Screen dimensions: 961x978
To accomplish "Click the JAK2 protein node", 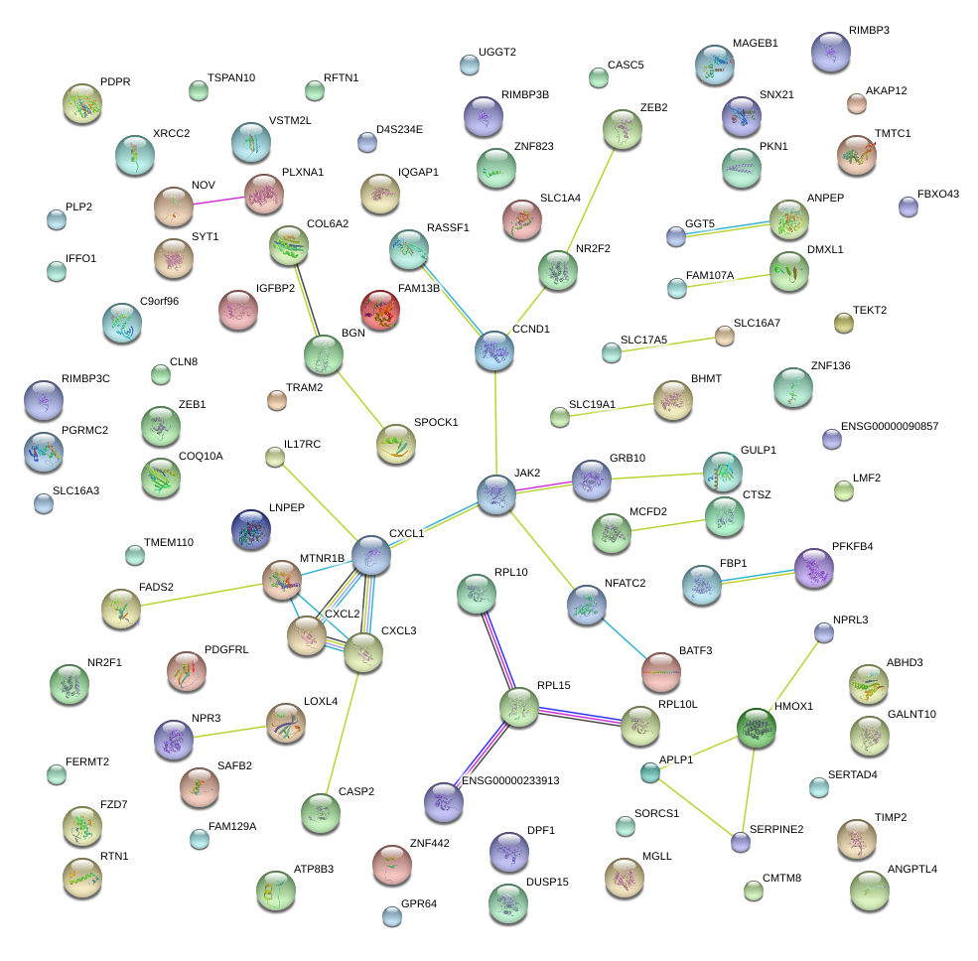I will pyautogui.click(x=495, y=493).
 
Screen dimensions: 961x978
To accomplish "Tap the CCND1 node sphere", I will pyautogui.click(x=494, y=350).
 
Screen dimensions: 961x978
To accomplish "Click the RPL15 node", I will pyautogui.click(x=519, y=707).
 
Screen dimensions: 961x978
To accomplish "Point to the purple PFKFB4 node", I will pyautogui.click(x=813, y=570).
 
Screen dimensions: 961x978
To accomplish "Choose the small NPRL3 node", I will pyautogui.click(x=823, y=632).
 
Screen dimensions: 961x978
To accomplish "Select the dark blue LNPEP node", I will pyautogui.click(x=250, y=529).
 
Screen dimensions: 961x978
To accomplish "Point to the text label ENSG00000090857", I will pyautogui.click(x=889, y=427).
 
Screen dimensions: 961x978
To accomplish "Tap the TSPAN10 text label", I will pyautogui.click(x=231, y=77).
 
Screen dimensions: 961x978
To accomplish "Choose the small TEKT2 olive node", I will pyautogui.click(x=843, y=322).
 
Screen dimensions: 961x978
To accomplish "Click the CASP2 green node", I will pyautogui.click(x=320, y=812).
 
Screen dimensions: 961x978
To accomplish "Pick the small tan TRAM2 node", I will pyautogui.click(x=277, y=400).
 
